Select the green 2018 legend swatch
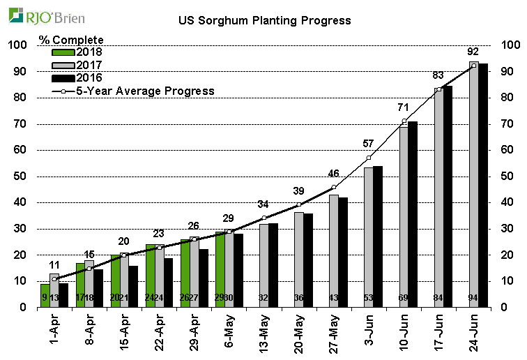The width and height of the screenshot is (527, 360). [63, 52]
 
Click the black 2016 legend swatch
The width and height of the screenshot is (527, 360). [63, 77]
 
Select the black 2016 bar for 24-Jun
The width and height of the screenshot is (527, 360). [483, 185]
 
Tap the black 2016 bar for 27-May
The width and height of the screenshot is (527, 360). [343, 252]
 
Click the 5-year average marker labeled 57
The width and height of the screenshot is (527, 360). [369, 158]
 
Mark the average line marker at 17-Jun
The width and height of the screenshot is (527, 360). [438, 89]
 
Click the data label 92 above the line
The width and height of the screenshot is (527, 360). [473, 52]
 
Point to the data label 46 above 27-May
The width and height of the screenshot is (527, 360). [333, 173]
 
